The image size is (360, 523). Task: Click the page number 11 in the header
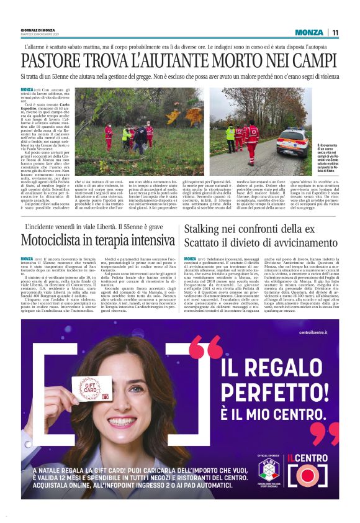click(335, 32)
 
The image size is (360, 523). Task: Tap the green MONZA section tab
click(309, 32)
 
